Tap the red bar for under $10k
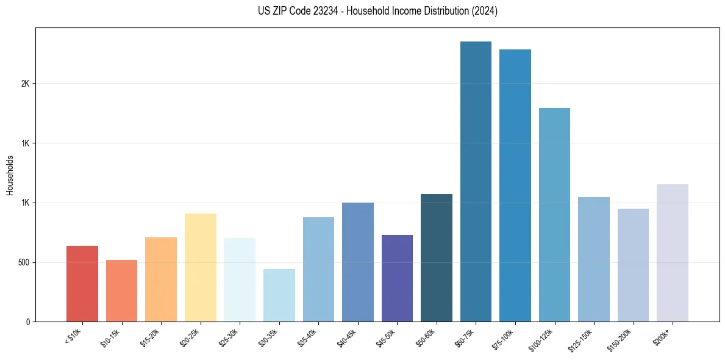82,284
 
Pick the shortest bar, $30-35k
279,295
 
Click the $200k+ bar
672,253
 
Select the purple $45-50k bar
397,278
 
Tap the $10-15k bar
121,290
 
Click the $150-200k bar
633,265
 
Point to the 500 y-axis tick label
24,262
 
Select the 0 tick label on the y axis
28,322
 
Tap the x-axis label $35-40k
307,337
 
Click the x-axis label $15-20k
150,337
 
